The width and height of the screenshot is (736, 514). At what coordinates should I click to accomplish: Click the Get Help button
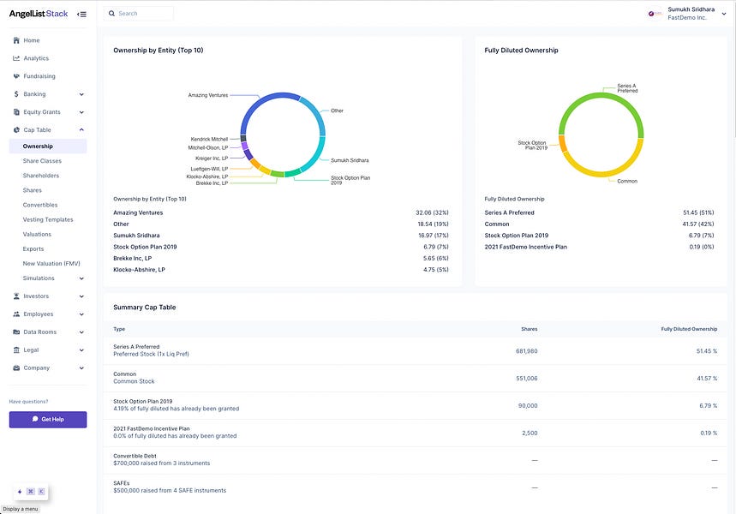tap(48, 419)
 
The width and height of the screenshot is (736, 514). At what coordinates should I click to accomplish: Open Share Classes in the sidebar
tap(42, 161)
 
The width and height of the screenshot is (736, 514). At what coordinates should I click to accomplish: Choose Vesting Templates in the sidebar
tap(48, 219)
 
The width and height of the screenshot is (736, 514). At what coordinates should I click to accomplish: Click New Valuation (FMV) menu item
tap(51, 263)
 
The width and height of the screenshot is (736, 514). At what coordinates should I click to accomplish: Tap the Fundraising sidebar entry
tap(39, 76)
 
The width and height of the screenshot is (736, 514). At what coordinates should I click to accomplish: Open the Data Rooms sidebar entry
tap(41, 332)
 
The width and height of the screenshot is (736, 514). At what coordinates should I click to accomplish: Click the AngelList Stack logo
tap(39, 14)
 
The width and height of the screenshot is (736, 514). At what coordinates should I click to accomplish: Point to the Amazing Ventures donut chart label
tap(207, 95)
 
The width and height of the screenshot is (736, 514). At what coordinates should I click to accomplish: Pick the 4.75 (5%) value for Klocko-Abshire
tap(434, 270)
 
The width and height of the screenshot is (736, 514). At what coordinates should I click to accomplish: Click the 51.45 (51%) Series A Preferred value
tap(696, 212)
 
